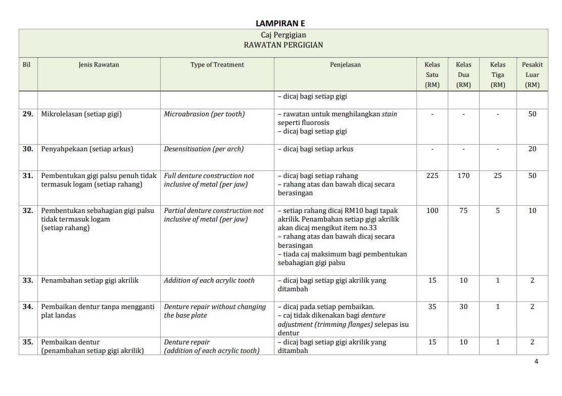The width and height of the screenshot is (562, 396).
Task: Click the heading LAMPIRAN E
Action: pyautogui.click(x=280, y=23)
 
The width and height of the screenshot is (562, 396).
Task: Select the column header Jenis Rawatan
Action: pyautogui.click(x=99, y=65)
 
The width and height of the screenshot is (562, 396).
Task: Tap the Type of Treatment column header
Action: pyautogui.click(x=217, y=65)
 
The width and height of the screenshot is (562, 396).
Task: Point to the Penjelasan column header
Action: pyautogui.click(x=345, y=65)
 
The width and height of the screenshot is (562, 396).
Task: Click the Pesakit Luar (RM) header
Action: pyautogui.click(x=532, y=74)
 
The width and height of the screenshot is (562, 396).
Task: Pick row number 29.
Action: pyautogui.click(x=28, y=114)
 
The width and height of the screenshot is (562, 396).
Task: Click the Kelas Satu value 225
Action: pyautogui.click(x=432, y=176)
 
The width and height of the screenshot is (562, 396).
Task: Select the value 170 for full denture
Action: pyautogui.click(x=463, y=176)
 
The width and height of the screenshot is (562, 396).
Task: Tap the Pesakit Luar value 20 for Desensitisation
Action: pyautogui.click(x=532, y=149)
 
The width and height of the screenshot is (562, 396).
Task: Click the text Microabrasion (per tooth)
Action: pyautogui.click(x=204, y=114)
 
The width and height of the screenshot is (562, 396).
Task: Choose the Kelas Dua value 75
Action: pyautogui.click(x=463, y=211)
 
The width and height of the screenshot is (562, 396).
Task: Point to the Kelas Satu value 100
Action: pyautogui.click(x=432, y=211)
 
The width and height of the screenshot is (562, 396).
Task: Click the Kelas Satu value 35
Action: pyautogui.click(x=432, y=307)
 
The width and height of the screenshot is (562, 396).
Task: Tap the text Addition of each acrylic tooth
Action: pyautogui.click(x=209, y=281)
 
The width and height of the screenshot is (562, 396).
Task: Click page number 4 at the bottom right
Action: pyautogui.click(x=536, y=362)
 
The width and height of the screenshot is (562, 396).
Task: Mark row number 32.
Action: pyautogui.click(x=28, y=211)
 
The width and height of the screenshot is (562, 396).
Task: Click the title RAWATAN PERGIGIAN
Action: pyautogui.click(x=283, y=45)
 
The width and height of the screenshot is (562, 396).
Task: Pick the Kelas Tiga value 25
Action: pyautogui.click(x=498, y=176)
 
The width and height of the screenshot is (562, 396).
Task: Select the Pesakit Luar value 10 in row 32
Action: pyautogui.click(x=532, y=211)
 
